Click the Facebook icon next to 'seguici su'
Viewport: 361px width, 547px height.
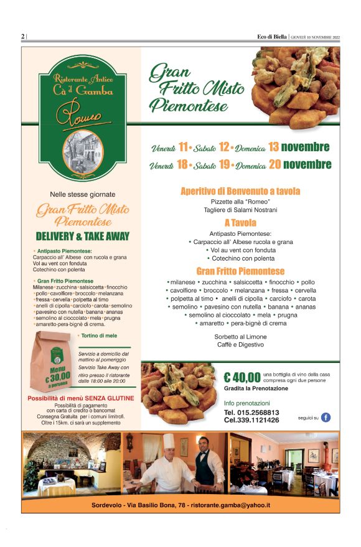click(326, 418)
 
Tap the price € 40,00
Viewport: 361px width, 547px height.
click(242, 376)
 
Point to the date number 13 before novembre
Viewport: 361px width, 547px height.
click(273, 147)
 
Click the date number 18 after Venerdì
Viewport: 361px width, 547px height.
click(182, 166)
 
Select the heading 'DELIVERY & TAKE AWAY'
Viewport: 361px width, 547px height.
click(83, 236)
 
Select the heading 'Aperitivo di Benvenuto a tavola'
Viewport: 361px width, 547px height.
click(240, 191)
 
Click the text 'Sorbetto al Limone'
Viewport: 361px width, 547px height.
click(240, 336)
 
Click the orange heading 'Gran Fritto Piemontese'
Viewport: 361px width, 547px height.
click(240, 271)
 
